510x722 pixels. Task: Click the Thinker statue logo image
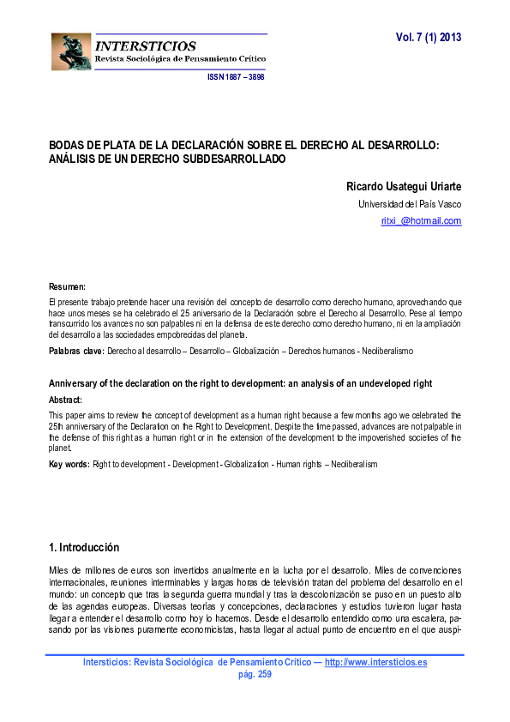[x=70, y=52]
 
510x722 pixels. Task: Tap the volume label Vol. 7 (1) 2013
[x=429, y=39]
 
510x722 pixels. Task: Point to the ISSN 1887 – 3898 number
[x=236, y=77]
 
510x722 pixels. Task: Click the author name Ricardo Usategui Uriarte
[x=404, y=186]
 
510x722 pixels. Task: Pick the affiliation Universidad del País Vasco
[x=410, y=204]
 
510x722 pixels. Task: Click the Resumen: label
[x=67, y=286]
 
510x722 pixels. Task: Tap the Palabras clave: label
[x=76, y=352]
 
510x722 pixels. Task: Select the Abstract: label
[x=65, y=400]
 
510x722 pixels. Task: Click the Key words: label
[x=69, y=464]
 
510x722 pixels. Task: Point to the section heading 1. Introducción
[x=84, y=548]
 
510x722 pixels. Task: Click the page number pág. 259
[x=254, y=674]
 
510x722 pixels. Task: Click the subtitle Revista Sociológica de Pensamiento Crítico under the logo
[x=180, y=58]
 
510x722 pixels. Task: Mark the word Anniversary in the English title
[x=75, y=382]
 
